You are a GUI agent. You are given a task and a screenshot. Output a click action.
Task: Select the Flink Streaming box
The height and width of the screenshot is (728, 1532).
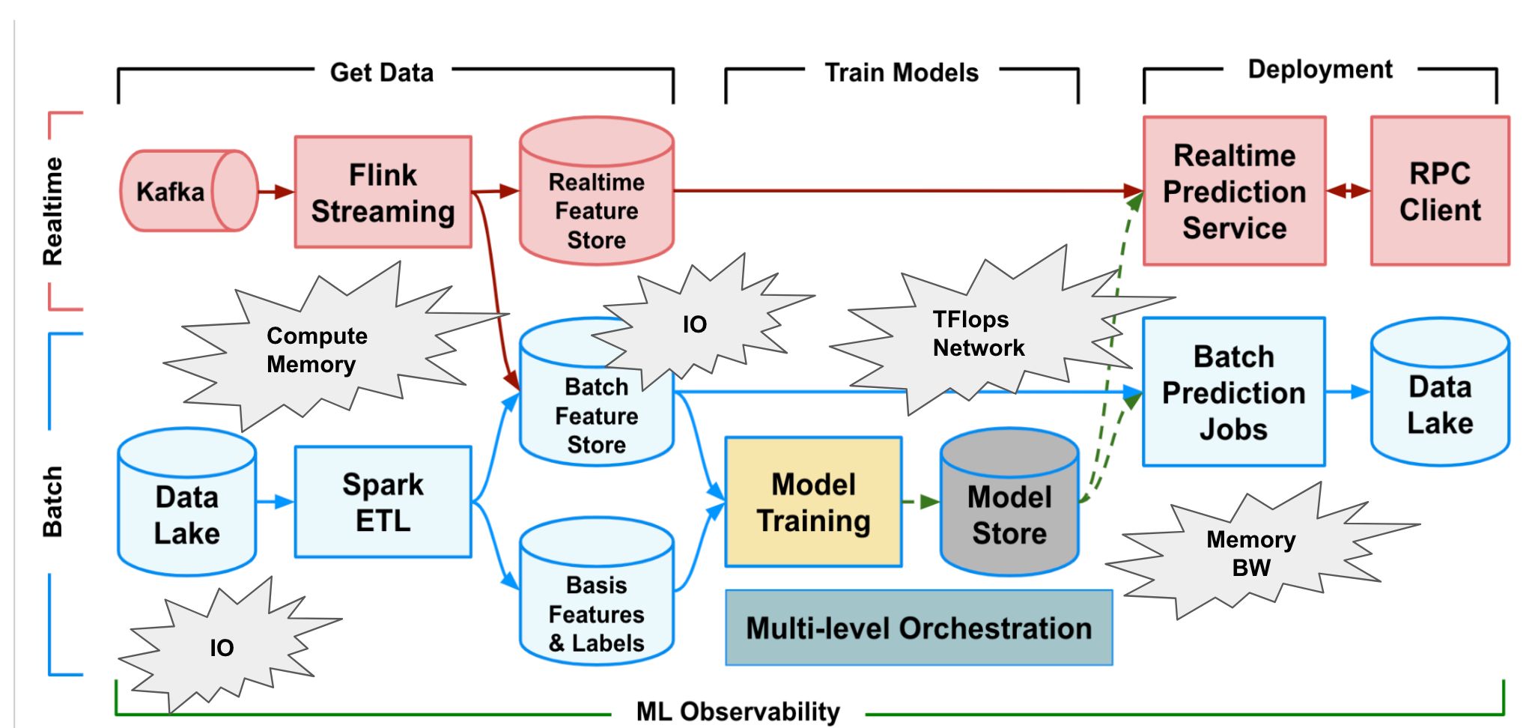click(383, 192)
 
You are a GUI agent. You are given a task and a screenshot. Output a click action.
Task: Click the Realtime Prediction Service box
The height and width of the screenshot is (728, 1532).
click(1234, 192)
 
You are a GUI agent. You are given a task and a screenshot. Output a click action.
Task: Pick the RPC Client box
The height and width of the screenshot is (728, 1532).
click(1439, 192)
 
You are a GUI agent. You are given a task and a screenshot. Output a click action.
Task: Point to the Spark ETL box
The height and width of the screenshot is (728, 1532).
click(383, 502)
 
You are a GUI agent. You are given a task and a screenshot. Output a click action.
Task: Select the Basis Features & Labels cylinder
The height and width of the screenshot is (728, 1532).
click(596, 607)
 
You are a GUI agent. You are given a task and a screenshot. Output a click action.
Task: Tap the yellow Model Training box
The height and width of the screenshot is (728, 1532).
click(813, 502)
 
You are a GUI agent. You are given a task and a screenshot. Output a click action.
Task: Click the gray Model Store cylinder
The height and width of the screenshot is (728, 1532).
click(1009, 513)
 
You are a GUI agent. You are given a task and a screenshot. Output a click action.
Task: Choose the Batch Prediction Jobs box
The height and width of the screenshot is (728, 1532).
click(1233, 392)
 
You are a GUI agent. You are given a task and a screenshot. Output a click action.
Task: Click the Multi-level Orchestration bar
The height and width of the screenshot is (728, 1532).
click(919, 628)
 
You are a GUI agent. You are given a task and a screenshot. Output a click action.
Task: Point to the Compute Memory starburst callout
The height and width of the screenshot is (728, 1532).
click(317, 350)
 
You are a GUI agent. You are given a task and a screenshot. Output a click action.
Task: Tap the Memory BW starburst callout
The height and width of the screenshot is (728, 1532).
click(1250, 553)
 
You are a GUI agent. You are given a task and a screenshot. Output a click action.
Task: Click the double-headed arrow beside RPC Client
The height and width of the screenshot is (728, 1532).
click(1348, 191)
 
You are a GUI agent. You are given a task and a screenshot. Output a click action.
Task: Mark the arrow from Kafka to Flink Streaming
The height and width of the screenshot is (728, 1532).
click(276, 192)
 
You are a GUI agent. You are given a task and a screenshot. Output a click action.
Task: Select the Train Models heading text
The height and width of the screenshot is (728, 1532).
click(902, 73)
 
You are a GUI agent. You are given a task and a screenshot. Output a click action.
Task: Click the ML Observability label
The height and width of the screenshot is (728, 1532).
click(738, 711)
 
